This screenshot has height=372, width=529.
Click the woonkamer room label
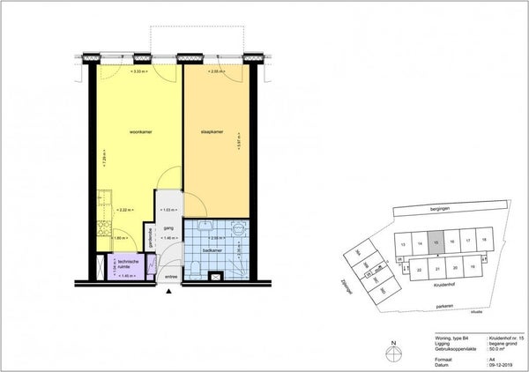pyautogui.click(x=142, y=133)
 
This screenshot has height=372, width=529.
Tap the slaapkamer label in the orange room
pyautogui.click(x=206, y=133)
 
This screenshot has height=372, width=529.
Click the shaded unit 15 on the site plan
pyautogui.click(x=436, y=241)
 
